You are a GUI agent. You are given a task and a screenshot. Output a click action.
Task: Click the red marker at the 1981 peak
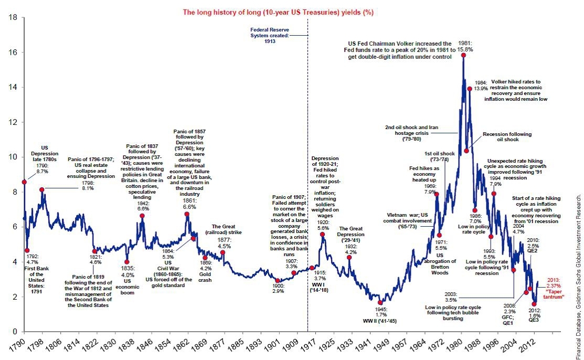coord(463,55)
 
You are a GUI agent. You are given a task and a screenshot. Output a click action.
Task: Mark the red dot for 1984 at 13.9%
coord(469,89)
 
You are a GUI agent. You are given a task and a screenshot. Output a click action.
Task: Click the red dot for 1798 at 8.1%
coord(41,189)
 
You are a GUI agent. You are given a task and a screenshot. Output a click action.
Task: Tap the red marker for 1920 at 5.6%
coord(322,234)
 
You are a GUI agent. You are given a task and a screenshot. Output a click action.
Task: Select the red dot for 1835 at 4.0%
coord(126,262)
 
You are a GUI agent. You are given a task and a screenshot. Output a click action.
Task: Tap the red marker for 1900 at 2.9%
coord(278,281)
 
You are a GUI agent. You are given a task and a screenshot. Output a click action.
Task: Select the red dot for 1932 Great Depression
coord(349,258)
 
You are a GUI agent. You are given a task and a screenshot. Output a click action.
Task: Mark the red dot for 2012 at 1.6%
coord(534,304)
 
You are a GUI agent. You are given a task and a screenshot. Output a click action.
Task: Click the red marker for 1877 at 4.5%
coord(223,252)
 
